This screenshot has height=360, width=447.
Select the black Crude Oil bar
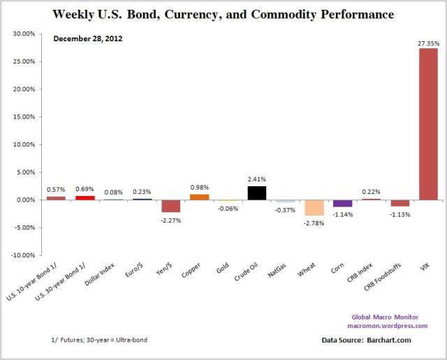[x=256, y=193]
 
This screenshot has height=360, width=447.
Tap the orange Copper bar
[x=199, y=197]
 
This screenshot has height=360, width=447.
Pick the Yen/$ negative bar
[x=170, y=206]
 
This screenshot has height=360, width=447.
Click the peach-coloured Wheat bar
[x=314, y=207]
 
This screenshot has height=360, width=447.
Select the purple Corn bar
[x=342, y=203]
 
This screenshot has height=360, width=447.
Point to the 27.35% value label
[x=427, y=43]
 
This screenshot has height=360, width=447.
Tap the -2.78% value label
[x=314, y=222]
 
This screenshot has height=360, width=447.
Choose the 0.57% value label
[x=56, y=190]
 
